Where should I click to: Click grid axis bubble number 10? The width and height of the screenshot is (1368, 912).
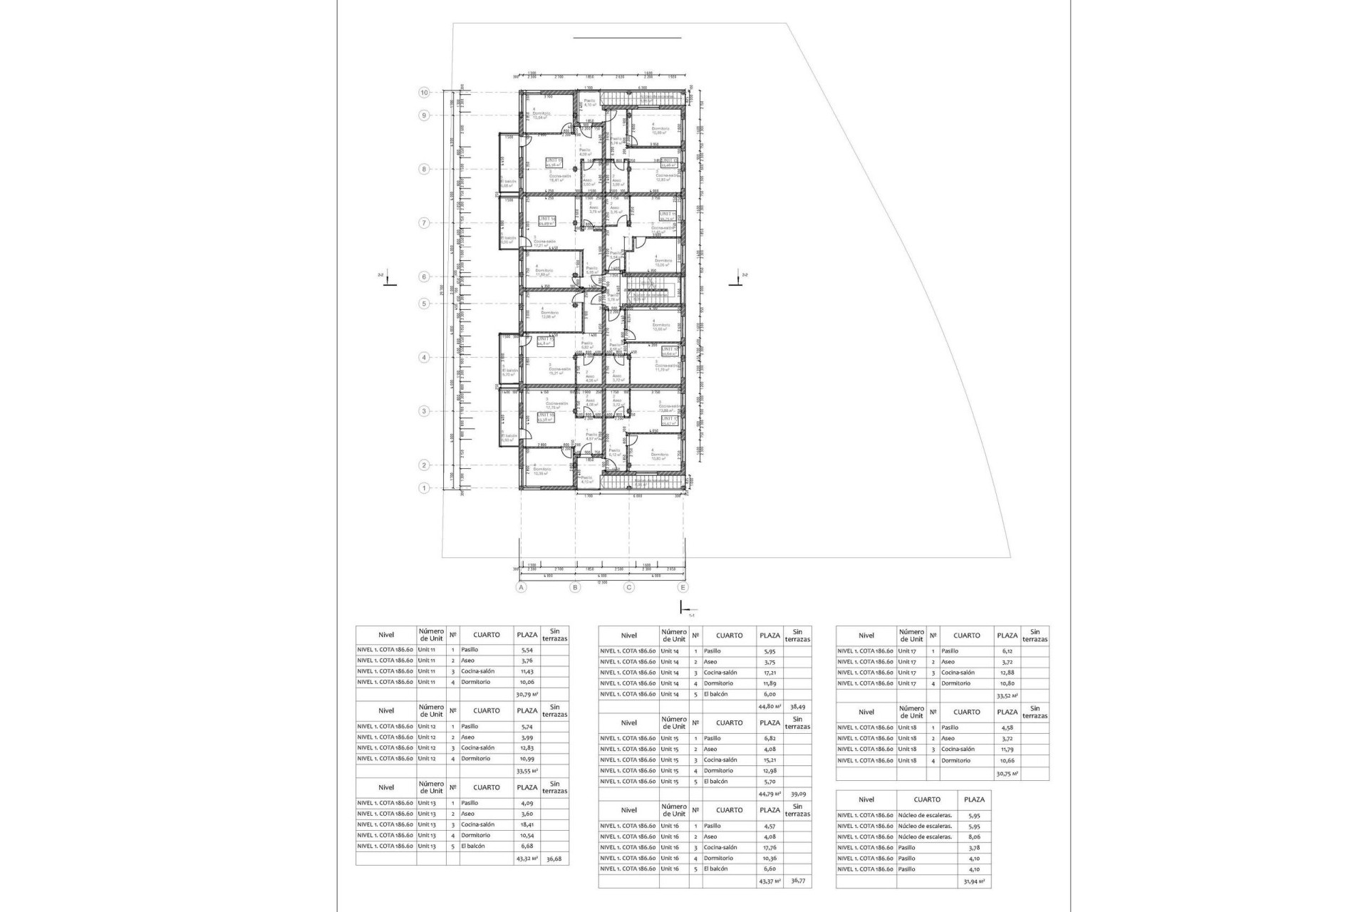tap(424, 93)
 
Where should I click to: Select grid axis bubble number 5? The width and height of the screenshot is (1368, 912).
tap(424, 304)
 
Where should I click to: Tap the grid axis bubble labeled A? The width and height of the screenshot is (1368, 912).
tap(522, 588)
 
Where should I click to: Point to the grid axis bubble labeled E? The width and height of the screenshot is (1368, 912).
tap(683, 588)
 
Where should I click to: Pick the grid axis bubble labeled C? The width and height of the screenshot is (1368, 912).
tap(629, 588)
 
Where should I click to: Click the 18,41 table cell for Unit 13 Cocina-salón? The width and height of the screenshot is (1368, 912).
tap(527, 824)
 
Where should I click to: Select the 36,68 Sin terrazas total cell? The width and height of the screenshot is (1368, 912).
tap(554, 859)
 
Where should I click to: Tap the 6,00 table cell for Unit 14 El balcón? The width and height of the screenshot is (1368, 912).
tap(769, 694)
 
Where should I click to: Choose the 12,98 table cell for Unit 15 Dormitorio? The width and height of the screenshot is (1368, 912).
tap(769, 771)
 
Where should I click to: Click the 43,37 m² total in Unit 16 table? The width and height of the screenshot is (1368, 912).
tap(769, 881)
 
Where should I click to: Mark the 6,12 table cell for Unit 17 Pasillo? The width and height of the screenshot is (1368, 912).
tap(1007, 651)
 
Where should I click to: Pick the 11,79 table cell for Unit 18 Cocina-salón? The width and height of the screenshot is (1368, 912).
tap(1007, 750)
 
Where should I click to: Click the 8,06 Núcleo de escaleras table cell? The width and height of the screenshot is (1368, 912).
tap(974, 837)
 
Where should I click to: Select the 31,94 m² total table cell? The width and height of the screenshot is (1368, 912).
tap(974, 882)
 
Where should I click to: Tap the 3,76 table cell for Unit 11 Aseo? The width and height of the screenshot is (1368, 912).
tap(527, 660)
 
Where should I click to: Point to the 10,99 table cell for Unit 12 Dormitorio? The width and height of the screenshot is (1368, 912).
tap(527, 759)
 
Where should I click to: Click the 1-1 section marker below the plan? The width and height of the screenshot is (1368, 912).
tap(685, 608)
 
